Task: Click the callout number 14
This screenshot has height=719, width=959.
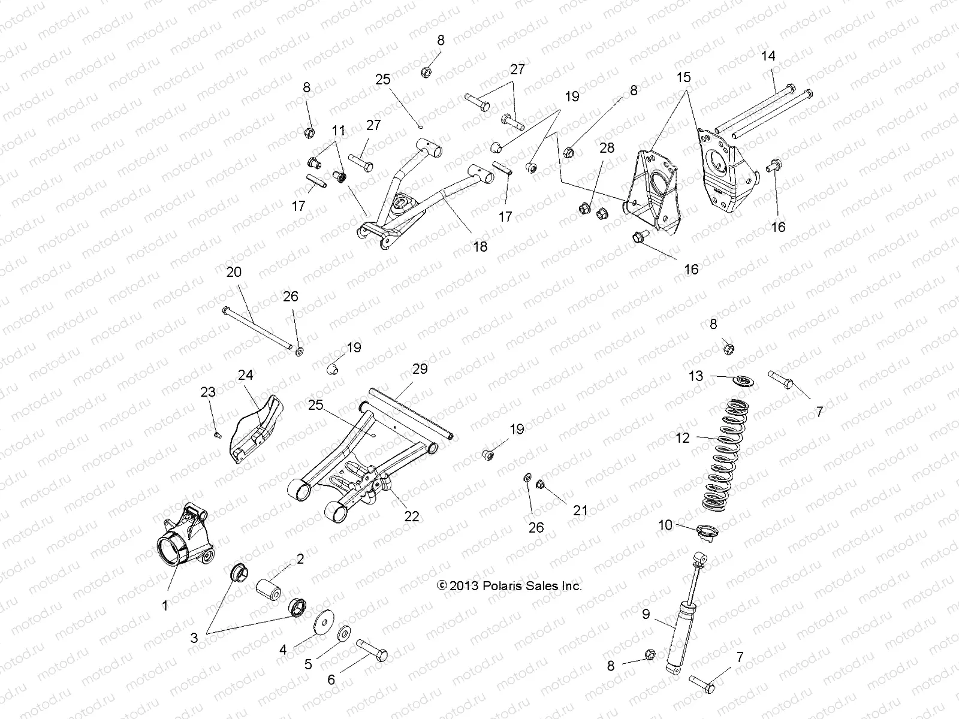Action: (x=768, y=56)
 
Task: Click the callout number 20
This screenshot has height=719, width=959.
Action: (x=234, y=271)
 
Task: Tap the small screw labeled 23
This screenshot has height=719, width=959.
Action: (x=218, y=434)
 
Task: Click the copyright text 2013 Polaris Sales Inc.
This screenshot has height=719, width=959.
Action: (x=510, y=585)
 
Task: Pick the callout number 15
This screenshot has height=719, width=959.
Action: (x=684, y=77)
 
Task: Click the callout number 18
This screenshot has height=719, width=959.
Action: (x=480, y=246)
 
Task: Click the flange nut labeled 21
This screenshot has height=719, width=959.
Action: (x=539, y=484)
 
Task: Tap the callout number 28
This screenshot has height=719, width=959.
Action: (x=607, y=147)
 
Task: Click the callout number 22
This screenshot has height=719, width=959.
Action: (x=411, y=515)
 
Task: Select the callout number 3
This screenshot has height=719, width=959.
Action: (x=194, y=639)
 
